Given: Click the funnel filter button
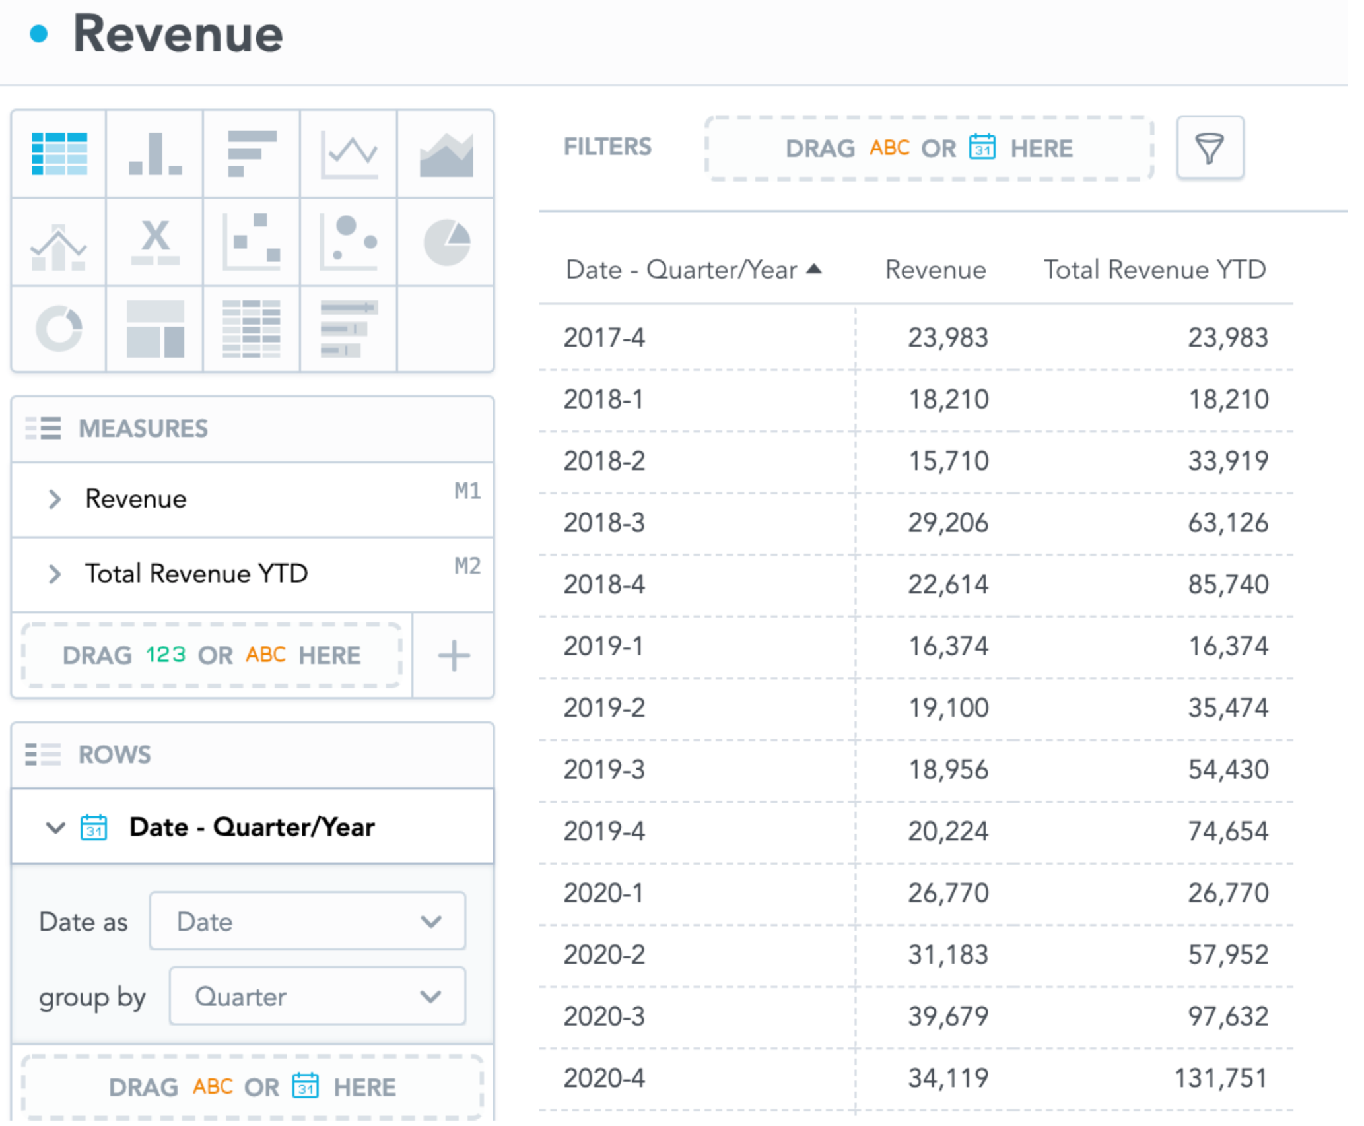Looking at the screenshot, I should (x=1210, y=148).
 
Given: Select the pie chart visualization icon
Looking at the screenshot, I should (x=447, y=242).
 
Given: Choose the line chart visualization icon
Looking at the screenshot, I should (x=349, y=154).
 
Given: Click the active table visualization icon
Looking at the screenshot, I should (x=59, y=154).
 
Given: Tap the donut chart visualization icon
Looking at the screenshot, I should (x=59, y=328).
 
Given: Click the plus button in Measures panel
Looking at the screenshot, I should (x=454, y=655).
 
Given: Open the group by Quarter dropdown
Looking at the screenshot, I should (x=317, y=996).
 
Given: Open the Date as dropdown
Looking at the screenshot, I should (x=308, y=921).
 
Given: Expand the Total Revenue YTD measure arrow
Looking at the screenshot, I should (x=55, y=574).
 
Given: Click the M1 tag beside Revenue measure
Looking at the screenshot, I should (x=467, y=491).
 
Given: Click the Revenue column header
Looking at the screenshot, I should (x=935, y=270).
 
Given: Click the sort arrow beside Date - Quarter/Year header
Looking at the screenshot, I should (x=814, y=269).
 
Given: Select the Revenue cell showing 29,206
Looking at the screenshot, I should (x=947, y=523).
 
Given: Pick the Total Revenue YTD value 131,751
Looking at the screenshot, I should (x=1221, y=1078).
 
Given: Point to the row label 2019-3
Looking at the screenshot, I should (x=603, y=770).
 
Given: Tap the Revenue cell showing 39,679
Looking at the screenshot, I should (x=947, y=1016).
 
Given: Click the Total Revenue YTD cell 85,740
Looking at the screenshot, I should (x=1228, y=585).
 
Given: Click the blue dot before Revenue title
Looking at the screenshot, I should (x=40, y=34).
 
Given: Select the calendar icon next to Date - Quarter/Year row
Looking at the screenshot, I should (x=94, y=827).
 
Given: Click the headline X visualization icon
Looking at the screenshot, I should (x=155, y=242).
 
